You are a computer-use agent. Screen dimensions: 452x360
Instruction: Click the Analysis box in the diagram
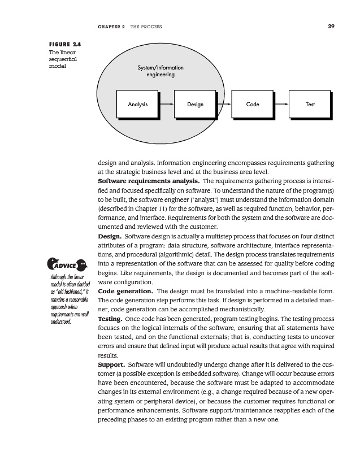coord(138,105)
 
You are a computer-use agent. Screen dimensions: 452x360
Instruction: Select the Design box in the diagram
coord(195,105)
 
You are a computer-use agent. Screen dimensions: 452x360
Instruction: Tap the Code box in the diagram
coord(253,105)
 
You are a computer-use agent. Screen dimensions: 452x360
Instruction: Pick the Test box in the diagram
coord(310,105)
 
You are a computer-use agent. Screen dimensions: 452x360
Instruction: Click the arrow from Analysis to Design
coord(167,105)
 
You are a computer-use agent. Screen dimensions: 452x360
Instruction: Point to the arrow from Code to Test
coord(281,105)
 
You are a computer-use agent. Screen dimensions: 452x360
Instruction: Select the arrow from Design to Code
coord(224,105)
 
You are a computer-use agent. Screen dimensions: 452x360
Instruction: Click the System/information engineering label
coord(161,71)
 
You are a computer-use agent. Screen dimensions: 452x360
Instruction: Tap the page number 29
coord(331,26)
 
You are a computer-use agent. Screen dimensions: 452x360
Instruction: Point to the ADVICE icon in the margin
coord(66,264)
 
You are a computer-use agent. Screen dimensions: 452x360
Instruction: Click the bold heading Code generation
coord(124,291)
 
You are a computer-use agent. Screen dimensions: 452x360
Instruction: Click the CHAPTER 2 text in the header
coord(111,27)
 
